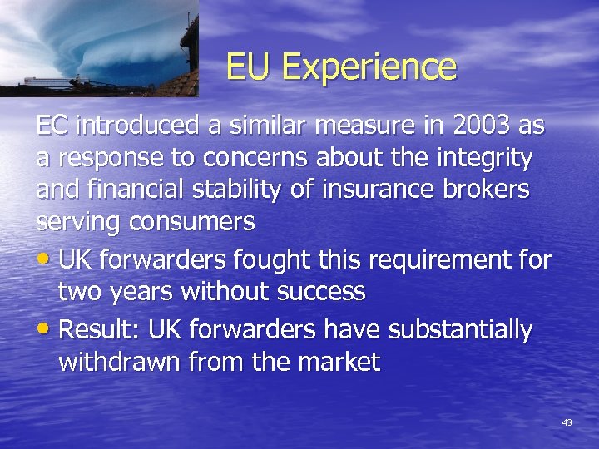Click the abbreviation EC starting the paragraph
click(x=52, y=126)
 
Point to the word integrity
click(x=487, y=158)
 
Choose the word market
click(x=339, y=362)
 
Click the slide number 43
click(x=567, y=423)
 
